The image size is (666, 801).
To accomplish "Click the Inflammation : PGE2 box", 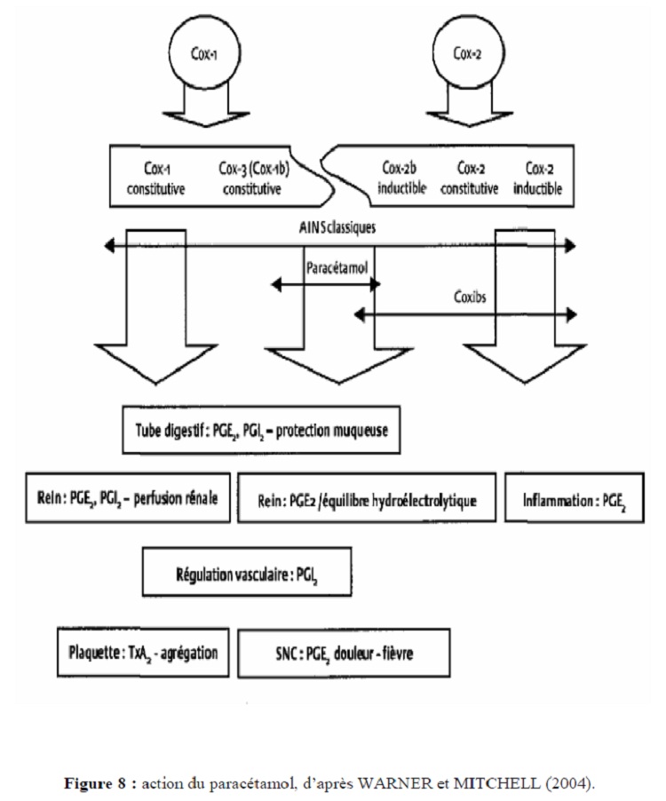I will tap(573, 501).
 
